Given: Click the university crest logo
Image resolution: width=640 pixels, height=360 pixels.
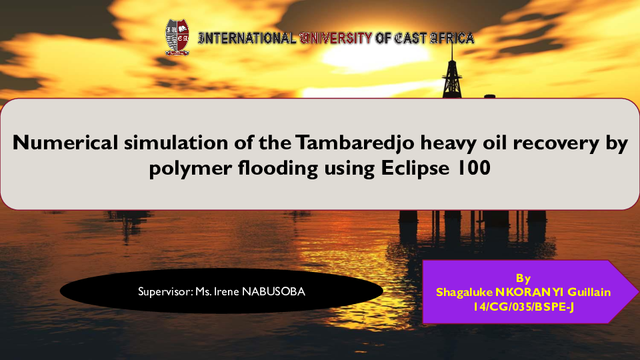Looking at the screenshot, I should point(177,37).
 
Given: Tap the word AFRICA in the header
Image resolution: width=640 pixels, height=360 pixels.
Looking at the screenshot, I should point(452,38).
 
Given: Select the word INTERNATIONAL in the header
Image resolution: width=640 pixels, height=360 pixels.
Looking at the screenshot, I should point(247,38).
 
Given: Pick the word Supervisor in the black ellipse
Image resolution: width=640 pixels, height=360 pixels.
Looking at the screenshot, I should point(165,291).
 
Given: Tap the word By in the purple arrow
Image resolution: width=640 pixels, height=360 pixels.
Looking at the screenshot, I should point(523,278).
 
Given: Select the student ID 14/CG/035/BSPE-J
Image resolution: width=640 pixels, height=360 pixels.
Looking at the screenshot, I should point(523,306).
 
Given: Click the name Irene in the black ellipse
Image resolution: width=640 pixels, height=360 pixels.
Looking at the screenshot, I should point(227,291).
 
